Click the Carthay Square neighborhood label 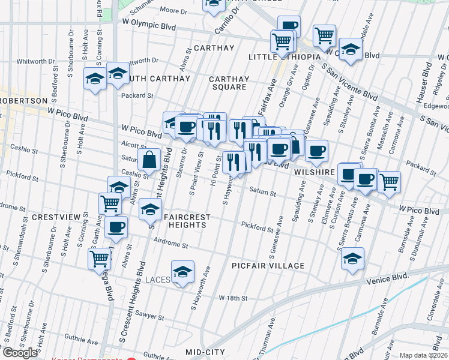[x=228, y=83]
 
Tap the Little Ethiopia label [x=283, y=57]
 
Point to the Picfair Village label [x=268, y=265]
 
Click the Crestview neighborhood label [x=56, y=216]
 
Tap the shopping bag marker [x=149, y=160]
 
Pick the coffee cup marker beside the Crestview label [x=116, y=227]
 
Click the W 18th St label [x=233, y=298]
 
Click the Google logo [x=20, y=353]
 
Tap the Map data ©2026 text [x=424, y=355]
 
